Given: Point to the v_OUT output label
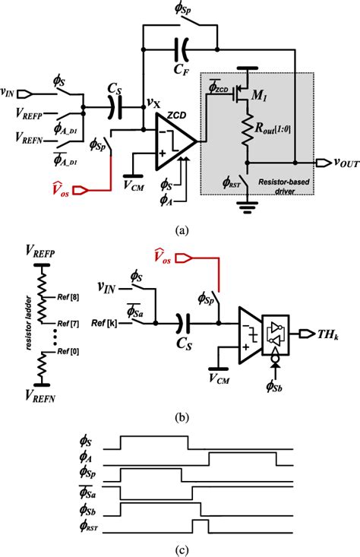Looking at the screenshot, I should (339, 163).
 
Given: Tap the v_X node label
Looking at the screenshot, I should (152, 99).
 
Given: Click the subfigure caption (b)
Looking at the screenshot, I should (179, 416).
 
